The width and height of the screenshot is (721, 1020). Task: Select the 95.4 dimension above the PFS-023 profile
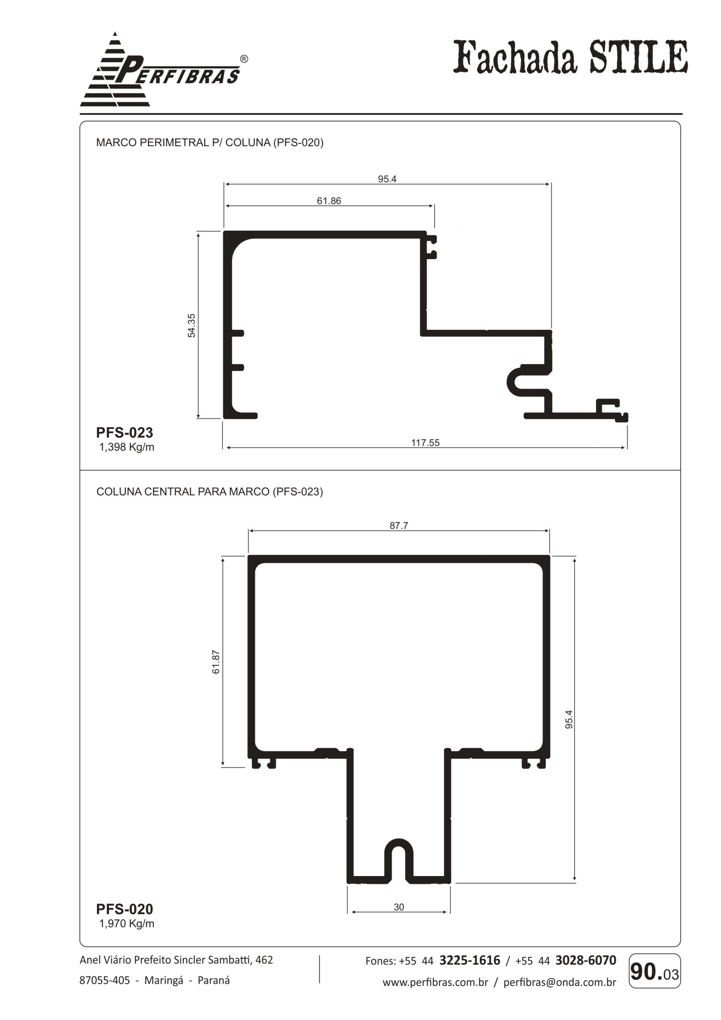pyautogui.click(x=387, y=179)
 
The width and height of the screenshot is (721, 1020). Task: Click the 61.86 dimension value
pyautogui.click(x=329, y=201)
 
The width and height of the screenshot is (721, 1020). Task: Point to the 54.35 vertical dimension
pyautogui.click(x=192, y=325)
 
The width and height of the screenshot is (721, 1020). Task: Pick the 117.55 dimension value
pyautogui.click(x=425, y=442)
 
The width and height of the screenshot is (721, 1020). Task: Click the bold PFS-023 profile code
pyautogui.click(x=124, y=432)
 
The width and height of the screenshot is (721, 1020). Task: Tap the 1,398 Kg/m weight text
pyautogui.click(x=127, y=447)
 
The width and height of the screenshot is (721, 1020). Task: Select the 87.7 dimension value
pyautogui.click(x=399, y=525)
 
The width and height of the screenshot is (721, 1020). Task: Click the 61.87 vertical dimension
pyautogui.click(x=216, y=662)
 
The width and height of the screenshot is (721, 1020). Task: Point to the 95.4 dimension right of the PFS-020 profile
pyautogui.click(x=569, y=719)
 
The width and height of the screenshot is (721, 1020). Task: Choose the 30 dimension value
pyautogui.click(x=399, y=907)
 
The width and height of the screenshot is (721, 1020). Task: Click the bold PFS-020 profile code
pyautogui.click(x=124, y=909)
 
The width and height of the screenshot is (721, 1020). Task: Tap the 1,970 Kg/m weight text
pyautogui.click(x=127, y=924)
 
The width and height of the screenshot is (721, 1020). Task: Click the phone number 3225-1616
pyautogui.click(x=470, y=960)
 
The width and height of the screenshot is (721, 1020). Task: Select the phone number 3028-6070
pyautogui.click(x=586, y=960)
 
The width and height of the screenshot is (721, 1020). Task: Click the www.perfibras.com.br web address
pyautogui.click(x=435, y=983)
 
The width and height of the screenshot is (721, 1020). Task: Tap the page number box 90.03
pyautogui.click(x=654, y=971)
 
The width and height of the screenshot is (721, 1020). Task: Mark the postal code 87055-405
pyautogui.click(x=105, y=981)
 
